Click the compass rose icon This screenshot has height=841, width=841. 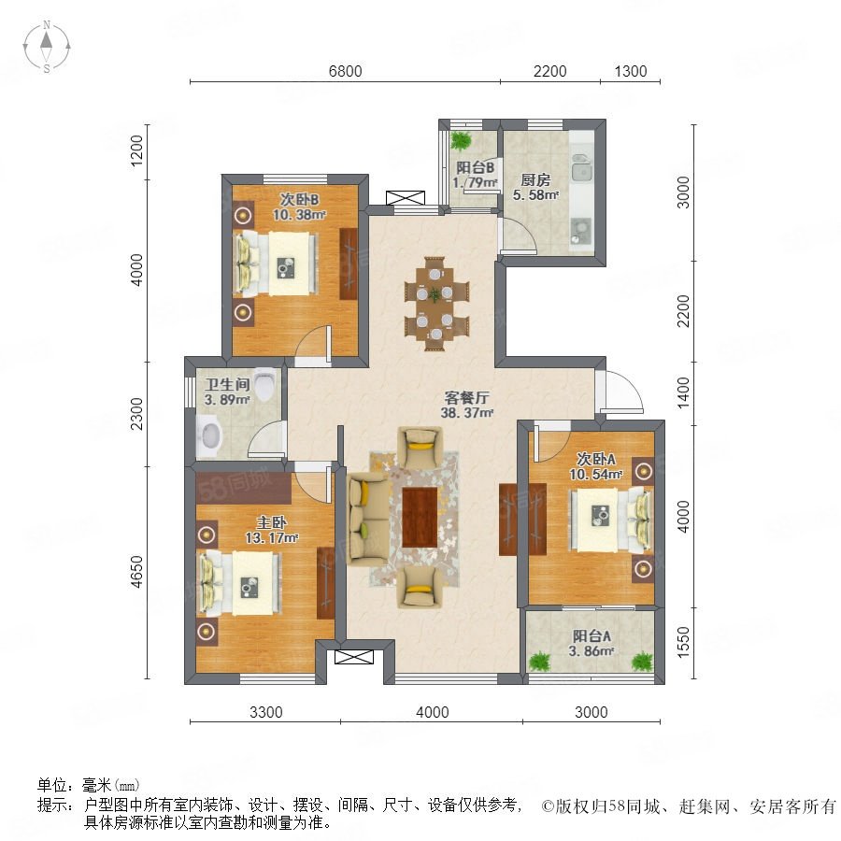click(47, 47)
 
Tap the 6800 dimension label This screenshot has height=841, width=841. click(345, 71)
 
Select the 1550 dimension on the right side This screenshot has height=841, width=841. click(683, 641)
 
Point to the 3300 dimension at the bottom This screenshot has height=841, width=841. click(266, 712)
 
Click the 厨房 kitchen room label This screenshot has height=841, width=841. click(535, 179)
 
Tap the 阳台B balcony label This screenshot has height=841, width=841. click(475, 168)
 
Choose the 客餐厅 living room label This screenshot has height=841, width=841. click(466, 398)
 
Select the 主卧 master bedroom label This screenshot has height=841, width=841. click(271, 521)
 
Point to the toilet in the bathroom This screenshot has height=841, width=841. click(265, 383)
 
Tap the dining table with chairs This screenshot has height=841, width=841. click(436, 304)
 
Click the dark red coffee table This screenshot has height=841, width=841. click(420, 517)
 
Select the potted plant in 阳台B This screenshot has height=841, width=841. click(461, 141)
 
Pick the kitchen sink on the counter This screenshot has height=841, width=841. click(581, 166)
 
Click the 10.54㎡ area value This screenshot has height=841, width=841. click(595, 474)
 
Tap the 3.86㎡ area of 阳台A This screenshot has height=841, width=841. click(592, 651)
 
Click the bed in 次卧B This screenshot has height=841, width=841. click(276, 264)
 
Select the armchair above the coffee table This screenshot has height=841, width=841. click(420, 448)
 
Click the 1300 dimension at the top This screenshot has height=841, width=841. click(630, 71)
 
